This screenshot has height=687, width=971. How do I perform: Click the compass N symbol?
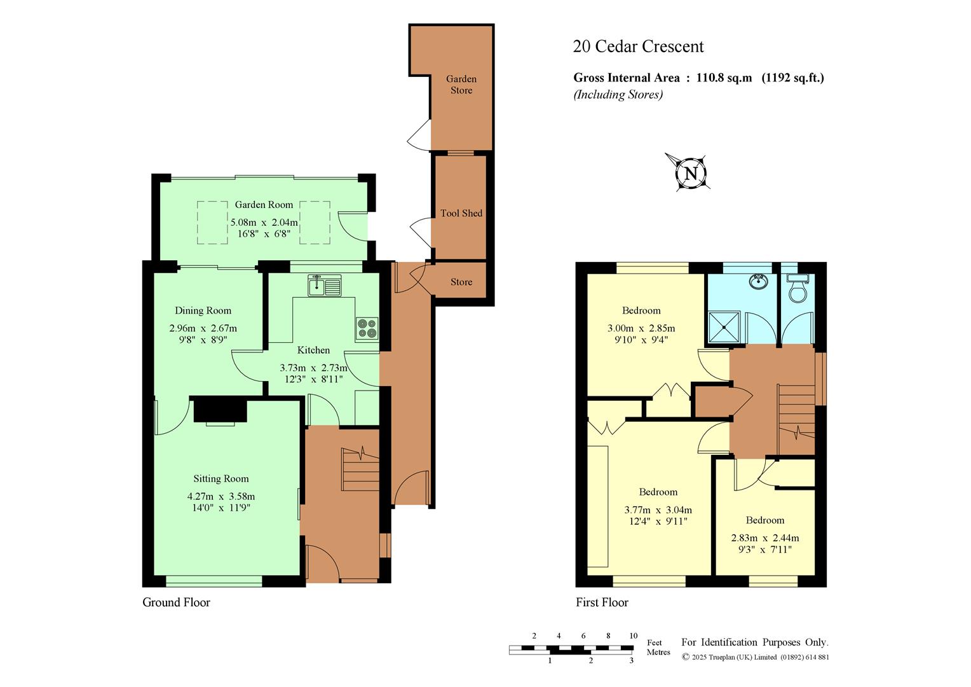tap(691, 173)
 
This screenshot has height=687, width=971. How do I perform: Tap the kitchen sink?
tap(325, 285)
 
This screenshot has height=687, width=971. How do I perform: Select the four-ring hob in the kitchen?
tap(367, 328)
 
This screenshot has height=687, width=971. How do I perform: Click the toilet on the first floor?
tap(797, 288)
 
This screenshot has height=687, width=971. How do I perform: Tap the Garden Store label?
tap(461, 85)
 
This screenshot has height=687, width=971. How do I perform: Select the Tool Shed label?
tap(461, 213)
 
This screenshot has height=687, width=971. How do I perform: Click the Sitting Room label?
tap(221, 479)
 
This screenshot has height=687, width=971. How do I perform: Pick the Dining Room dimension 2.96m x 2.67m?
tap(203, 328)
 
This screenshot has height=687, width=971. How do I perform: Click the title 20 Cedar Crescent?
tap(638, 46)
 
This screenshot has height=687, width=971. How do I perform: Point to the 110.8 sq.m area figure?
tap(724, 78)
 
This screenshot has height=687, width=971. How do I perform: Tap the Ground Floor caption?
tap(177, 602)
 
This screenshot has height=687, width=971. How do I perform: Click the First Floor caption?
tap(602, 602)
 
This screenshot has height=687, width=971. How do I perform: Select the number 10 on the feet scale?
tap(634, 635)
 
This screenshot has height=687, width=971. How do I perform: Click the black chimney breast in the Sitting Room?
tap(221, 410)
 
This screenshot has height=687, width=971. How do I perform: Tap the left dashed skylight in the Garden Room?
tap(212, 223)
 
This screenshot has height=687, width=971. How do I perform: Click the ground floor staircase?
tap(361, 469)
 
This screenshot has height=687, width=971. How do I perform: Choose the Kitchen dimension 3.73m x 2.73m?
tap(313, 368)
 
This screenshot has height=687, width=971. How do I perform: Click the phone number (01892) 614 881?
tap(805, 657)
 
